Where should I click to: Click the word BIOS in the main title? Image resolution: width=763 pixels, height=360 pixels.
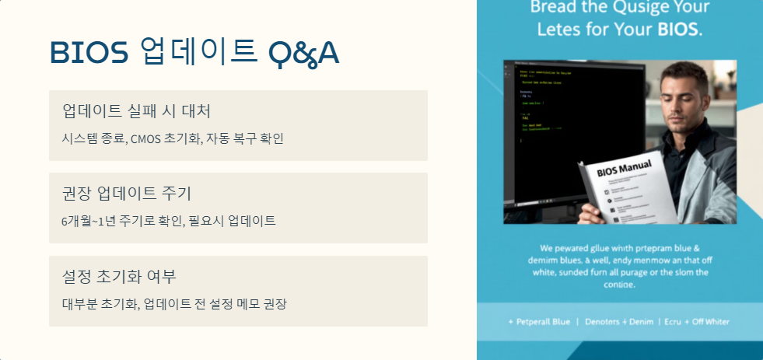click(x=89, y=52)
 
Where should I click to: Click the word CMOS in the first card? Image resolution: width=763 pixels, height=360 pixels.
click(x=144, y=139)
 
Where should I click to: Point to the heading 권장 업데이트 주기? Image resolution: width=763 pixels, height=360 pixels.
click(x=126, y=192)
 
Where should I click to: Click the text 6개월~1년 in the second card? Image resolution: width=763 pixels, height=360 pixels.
click(x=86, y=221)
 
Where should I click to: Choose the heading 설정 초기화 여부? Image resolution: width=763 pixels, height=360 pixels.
click(x=119, y=275)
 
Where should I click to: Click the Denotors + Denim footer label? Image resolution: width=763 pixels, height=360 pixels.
click(x=618, y=321)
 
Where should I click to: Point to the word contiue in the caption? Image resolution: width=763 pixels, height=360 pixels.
click(x=619, y=285)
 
